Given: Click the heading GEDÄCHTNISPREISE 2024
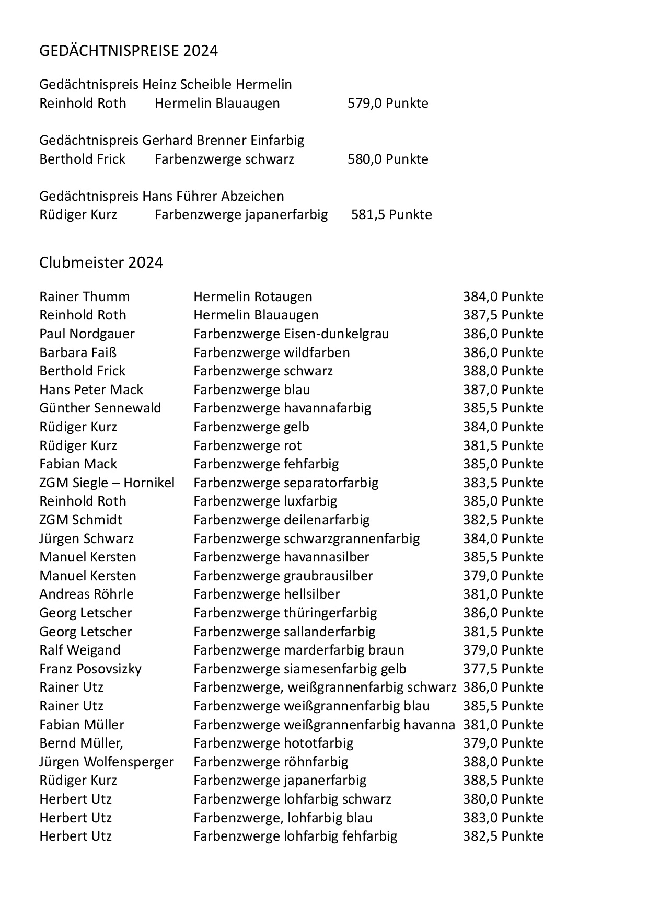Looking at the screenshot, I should tap(129, 51).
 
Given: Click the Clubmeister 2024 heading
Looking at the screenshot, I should tap(101, 262).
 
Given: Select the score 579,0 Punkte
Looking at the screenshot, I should tap(388, 103).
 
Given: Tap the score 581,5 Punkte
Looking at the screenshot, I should tap(391, 214).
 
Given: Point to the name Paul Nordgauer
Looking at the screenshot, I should tap(87, 334).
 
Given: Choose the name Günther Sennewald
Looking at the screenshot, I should tap(100, 408).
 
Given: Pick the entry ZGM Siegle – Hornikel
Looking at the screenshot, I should tap(107, 483).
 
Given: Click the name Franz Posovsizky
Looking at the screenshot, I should tap(90, 669).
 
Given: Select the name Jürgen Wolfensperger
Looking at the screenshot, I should tap(107, 762).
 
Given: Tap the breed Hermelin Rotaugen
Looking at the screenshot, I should tap(253, 296).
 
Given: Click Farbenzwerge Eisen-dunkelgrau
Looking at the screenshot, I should tap(291, 334).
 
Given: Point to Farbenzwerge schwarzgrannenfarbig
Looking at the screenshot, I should tap(306, 538).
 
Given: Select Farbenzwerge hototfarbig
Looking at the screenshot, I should tap(273, 743).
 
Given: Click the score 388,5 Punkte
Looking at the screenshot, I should tap(503, 780).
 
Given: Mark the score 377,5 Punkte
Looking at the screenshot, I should tap(503, 669).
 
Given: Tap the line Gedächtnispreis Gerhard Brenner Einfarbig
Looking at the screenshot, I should tap(171, 140).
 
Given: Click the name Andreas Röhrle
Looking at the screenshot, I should tap(86, 594).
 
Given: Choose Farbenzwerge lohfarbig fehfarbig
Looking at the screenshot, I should tap(295, 836).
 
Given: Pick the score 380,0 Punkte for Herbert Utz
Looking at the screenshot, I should tap(503, 799).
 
